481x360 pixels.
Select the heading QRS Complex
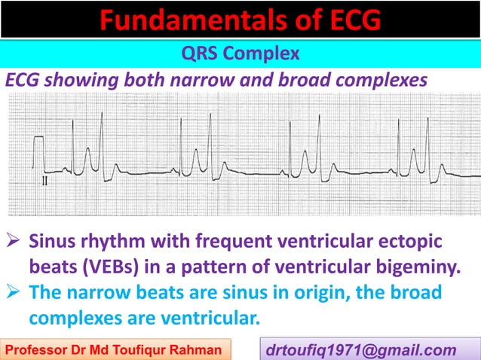pos(240,54)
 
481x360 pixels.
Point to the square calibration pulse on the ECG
pos(38,154)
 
